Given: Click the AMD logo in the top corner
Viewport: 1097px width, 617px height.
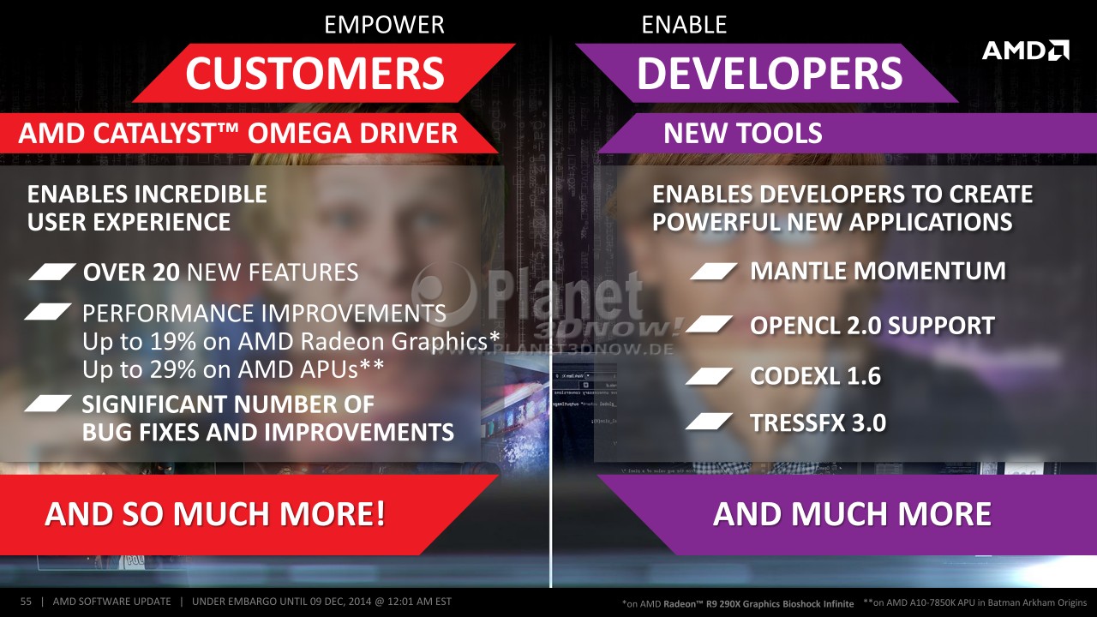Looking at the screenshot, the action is point(1026,51).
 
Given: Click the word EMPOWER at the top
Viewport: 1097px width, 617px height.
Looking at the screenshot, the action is point(385,25).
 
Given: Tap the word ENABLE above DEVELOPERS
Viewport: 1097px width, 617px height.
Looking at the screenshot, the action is point(684,25).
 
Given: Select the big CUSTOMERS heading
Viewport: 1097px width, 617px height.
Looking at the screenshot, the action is point(315,73).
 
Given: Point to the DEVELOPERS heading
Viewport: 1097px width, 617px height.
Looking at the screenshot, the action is point(770,73).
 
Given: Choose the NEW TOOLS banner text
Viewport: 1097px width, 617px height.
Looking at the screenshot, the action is point(743,133).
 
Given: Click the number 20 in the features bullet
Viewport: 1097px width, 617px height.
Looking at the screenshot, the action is point(165,273).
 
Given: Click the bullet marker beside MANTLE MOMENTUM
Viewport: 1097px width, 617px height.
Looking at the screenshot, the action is point(714,272).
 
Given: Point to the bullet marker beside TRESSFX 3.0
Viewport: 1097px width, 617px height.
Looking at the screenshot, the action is point(709,422).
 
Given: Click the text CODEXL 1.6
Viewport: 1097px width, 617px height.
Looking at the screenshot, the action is point(815,376).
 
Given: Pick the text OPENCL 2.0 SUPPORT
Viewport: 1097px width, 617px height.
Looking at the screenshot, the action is point(872,326).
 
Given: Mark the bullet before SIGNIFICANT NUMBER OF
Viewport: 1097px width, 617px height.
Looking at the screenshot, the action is point(48,404).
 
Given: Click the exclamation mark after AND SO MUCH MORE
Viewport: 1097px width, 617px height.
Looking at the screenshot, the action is point(380,513).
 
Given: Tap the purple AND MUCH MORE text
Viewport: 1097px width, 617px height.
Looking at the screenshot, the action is point(852,513).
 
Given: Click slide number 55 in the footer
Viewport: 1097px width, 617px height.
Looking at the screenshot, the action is point(26,602).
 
